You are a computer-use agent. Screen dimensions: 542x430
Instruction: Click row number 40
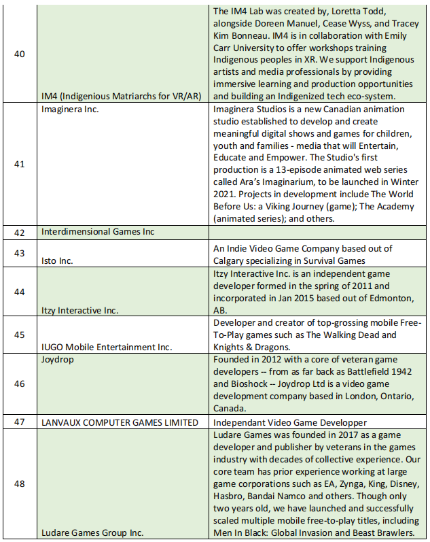(x=20, y=54)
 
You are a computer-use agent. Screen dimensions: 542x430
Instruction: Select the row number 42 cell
(x=20, y=232)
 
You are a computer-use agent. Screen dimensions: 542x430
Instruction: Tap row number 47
(x=20, y=422)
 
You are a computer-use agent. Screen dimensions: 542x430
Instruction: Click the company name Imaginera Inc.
(x=70, y=109)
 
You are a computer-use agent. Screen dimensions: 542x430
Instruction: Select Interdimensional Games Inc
(x=98, y=232)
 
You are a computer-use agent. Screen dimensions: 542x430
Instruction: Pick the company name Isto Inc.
(x=57, y=260)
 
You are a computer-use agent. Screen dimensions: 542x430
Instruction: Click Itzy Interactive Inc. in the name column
(x=80, y=310)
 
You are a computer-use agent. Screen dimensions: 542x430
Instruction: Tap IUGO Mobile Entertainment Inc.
(x=107, y=348)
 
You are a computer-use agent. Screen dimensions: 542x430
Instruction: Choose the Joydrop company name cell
(x=58, y=359)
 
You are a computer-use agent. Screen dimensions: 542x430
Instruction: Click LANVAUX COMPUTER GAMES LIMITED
(x=120, y=422)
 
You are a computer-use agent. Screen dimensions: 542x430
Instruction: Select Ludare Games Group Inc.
(x=92, y=532)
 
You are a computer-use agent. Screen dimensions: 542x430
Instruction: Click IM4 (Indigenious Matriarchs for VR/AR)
(x=121, y=96)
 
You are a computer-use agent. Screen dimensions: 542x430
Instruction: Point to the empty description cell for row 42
(x=318, y=232)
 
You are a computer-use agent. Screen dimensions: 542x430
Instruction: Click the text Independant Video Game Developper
(x=290, y=422)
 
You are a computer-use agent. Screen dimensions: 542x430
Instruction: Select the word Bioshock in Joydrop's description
(x=234, y=384)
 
